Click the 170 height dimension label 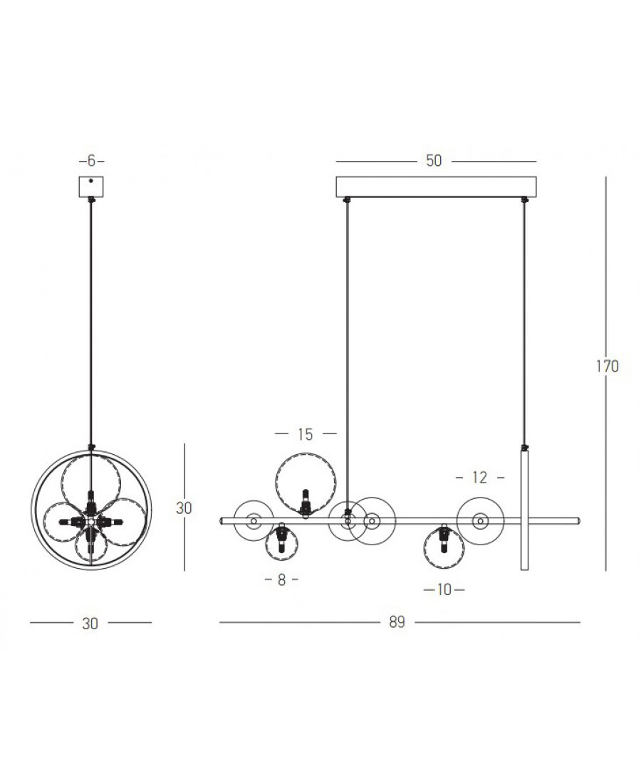coord(607,366)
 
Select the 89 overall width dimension coord(397,622)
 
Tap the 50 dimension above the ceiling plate coord(434,160)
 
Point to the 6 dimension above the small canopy coord(91,161)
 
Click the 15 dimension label coord(305,434)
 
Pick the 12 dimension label coord(479,478)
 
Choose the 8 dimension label coord(282,579)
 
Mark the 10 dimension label coord(444,590)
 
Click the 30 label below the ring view coord(90,624)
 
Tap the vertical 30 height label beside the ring coord(183,508)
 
